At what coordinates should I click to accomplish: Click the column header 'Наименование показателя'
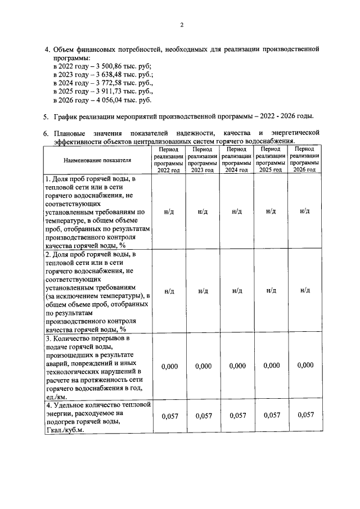coord(97,160)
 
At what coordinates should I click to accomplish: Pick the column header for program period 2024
coord(237,160)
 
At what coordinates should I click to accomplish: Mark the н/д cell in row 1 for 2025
coord(271,211)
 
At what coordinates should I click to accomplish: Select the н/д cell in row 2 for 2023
coord(203,291)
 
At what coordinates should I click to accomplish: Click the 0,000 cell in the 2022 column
coord(169,366)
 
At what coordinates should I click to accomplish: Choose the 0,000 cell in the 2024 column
coord(237,366)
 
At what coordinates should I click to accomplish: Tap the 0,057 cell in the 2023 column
coord(203,416)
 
